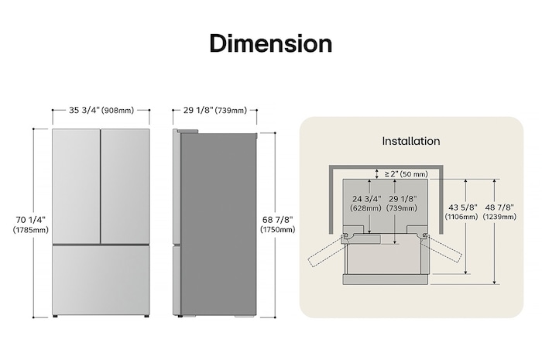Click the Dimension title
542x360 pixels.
(271, 43)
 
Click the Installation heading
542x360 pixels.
(411, 141)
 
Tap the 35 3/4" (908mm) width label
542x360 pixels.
(101, 111)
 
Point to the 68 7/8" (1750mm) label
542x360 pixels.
(278, 225)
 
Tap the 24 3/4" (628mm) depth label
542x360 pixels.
(367, 203)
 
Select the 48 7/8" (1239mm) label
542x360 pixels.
(499, 212)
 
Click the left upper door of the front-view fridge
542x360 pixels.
(76, 186)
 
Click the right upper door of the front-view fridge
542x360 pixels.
(125, 186)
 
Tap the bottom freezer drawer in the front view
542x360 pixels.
(101, 279)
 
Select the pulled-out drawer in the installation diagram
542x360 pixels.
(386, 259)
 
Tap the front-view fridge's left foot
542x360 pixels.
(56, 316)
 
